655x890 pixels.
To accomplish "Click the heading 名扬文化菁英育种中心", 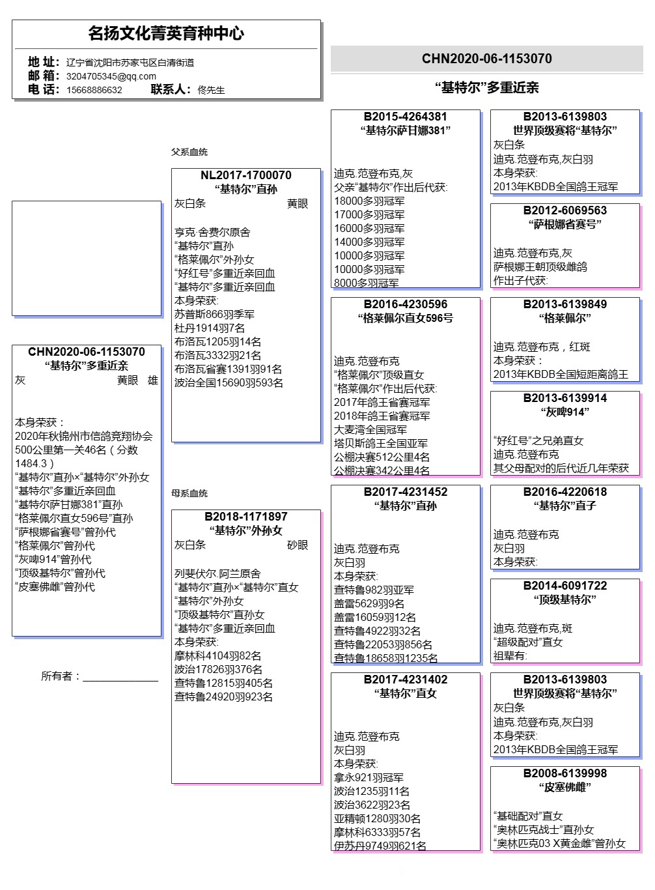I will (166, 33).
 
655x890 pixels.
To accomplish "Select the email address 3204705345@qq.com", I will (111, 76).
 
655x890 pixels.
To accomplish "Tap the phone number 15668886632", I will (94, 90).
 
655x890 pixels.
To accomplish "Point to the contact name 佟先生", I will (211, 90).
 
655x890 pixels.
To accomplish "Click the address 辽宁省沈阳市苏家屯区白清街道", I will (130, 63).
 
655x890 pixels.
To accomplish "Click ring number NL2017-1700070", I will (246, 175).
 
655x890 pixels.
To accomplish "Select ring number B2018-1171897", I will (246, 517).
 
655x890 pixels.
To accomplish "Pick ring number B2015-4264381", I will (406, 117).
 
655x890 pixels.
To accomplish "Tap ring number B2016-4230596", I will (406, 304).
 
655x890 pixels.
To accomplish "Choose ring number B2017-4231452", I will (406, 492).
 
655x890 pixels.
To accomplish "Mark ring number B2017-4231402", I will (406, 680).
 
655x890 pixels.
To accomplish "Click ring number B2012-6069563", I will (565, 210).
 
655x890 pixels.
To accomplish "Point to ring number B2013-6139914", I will (565, 398).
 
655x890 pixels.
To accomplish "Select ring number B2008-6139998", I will (565, 773).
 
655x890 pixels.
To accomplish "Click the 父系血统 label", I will (189, 152).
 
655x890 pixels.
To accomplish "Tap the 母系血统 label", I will (189, 493).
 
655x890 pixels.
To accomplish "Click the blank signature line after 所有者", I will (120, 678).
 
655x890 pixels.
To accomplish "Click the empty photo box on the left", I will (87, 258).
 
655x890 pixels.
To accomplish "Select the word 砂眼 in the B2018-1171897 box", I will (298, 545).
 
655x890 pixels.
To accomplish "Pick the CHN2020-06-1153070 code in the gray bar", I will (487, 59).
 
